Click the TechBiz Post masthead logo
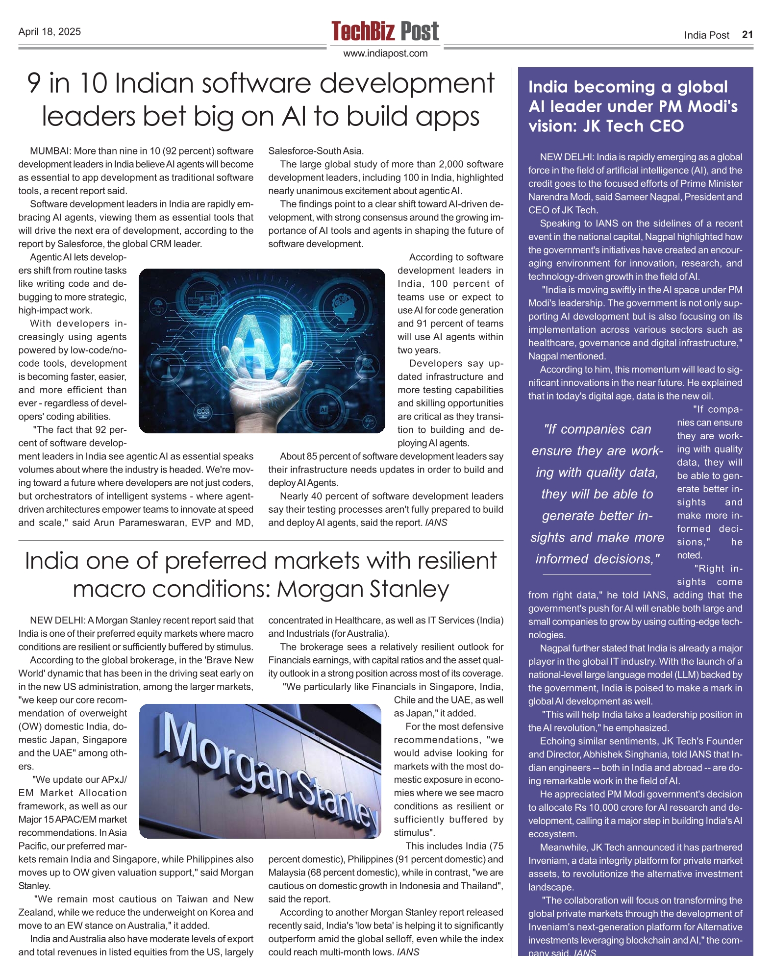pyautogui.click(x=385, y=31)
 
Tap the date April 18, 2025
pyautogui.click(x=50, y=32)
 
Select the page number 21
pyautogui.click(x=747, y=34)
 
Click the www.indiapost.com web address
pyautogui.click(x=385, y=53)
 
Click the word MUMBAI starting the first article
pyautogui.click(x=50, y=151)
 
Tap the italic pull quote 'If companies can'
pyautogui.click(x=597, y=429)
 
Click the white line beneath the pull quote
pyautogui.click(x=597, y=574)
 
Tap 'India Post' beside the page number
pyautogui.click(x=706, y=35)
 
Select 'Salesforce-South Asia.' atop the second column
pyautogui.click(x=316, y=151)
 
